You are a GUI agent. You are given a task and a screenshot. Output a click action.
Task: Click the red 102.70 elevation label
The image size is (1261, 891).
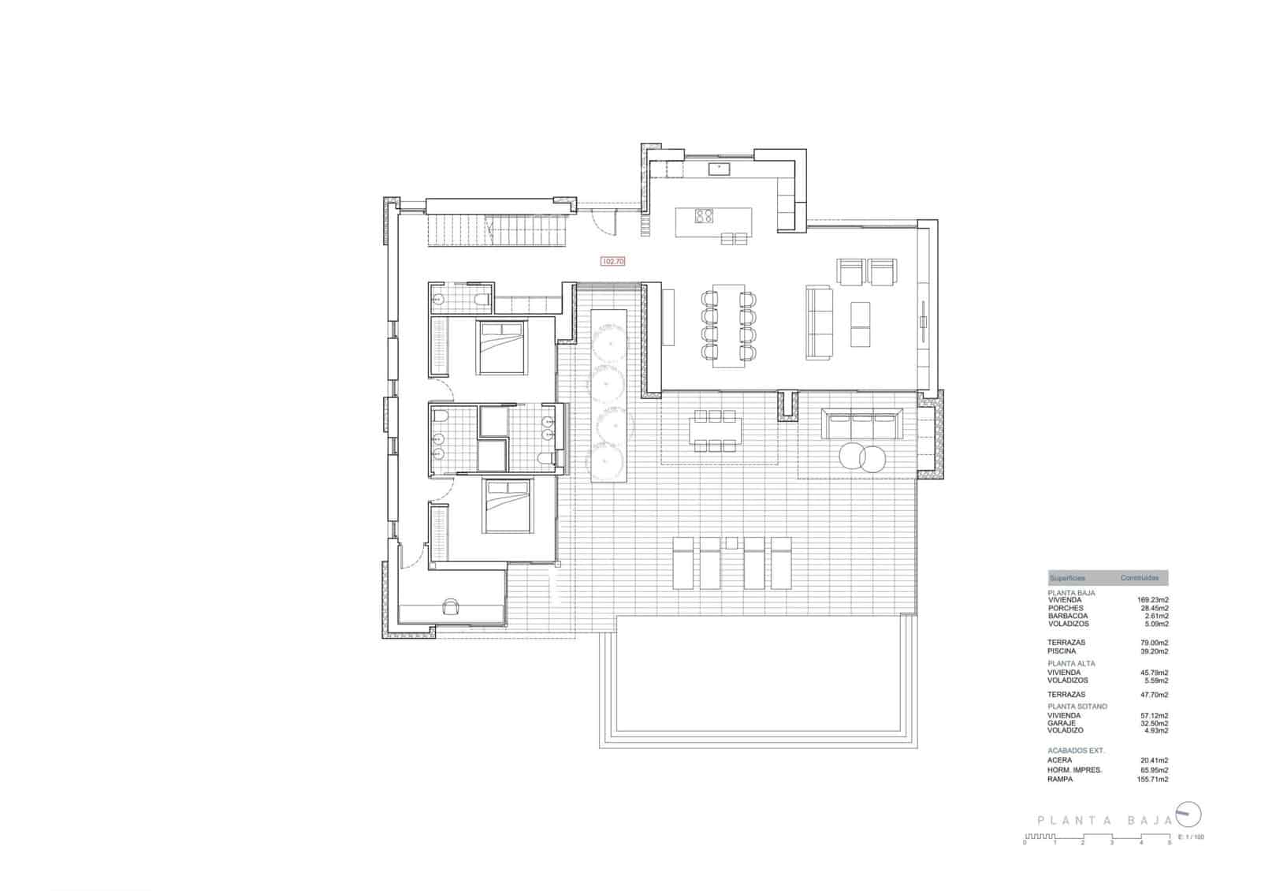click(612, 261)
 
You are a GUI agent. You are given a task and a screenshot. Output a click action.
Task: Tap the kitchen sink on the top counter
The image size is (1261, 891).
click(719, 168)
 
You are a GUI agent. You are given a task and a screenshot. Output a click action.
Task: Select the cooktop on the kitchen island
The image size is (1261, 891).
click(704, 215)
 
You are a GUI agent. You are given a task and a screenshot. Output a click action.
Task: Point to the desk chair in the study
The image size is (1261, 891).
click(452, 606)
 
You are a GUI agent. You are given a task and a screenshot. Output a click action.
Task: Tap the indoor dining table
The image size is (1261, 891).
click(728, 326)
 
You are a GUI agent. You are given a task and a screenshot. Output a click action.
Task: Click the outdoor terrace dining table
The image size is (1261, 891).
click(715, 431)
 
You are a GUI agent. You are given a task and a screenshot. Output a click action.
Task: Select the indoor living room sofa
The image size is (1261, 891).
click(819, 322)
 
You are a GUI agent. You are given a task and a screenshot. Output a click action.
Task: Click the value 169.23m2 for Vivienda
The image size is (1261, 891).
click(1153, 600)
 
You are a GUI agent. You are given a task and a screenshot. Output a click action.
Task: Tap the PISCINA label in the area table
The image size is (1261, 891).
click(1062, 651)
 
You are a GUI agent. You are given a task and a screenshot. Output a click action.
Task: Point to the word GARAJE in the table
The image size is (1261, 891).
click(1062, 723)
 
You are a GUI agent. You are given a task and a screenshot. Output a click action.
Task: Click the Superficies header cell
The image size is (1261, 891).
click(1067, 578)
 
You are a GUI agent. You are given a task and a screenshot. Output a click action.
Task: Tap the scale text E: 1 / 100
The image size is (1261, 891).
click(1191, 837)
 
